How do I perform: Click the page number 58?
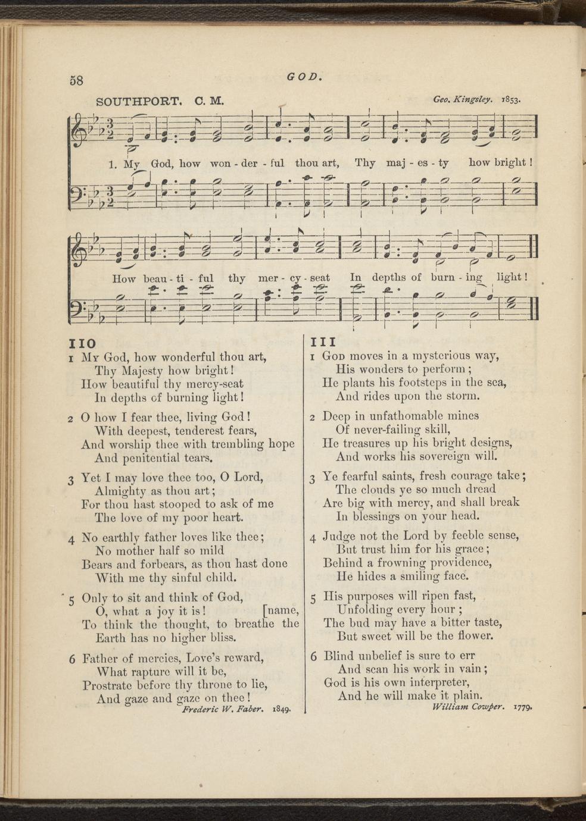coord(77,80)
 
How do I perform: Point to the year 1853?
coord(511,99)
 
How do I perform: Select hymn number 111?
coord(324,342)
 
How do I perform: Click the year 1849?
coord(281,710)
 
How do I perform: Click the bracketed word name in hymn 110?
coord(281,610)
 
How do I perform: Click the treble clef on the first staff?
coord(79,128)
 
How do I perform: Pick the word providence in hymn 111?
coord(456,563)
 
